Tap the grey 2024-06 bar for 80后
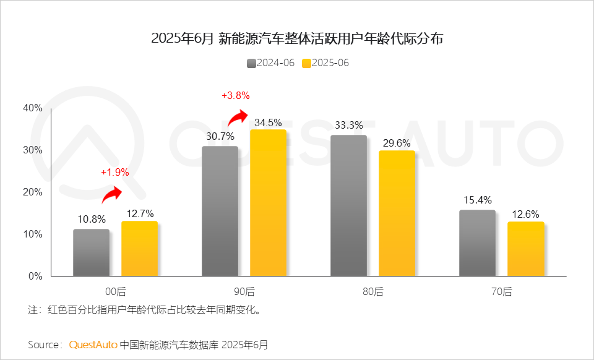(348, 205)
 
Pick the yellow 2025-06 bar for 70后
(525, 249)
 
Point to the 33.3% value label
(348, 126)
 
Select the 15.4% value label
(477, 200)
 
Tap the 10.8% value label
(92, 219)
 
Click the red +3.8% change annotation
(235, 95)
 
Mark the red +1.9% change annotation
(115, 173)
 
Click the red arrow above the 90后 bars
(238, 116)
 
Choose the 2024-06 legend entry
(270, 63)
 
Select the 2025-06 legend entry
(325, 63)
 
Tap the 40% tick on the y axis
(32, 108)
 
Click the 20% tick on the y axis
(32, 192)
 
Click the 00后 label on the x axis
(115, 291)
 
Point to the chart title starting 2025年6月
(297, 38)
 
